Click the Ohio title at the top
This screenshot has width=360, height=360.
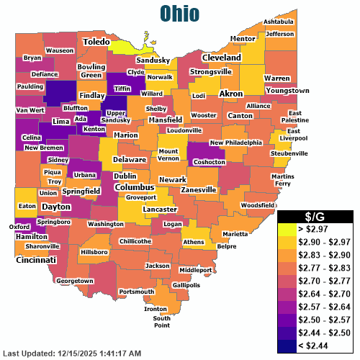pyautogui.click(x=180, y=13)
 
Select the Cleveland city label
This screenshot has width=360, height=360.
pyautogui.click(x=221, y=57)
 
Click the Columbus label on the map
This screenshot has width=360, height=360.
pyautogui.click(x=135, y=187)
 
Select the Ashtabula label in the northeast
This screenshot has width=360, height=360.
pyautogui.click(x=279, y=22)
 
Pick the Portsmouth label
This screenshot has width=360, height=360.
pyautogui.click(x=136, y=292)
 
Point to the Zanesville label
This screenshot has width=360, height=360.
pyautogui.click(x=199, y=189)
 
